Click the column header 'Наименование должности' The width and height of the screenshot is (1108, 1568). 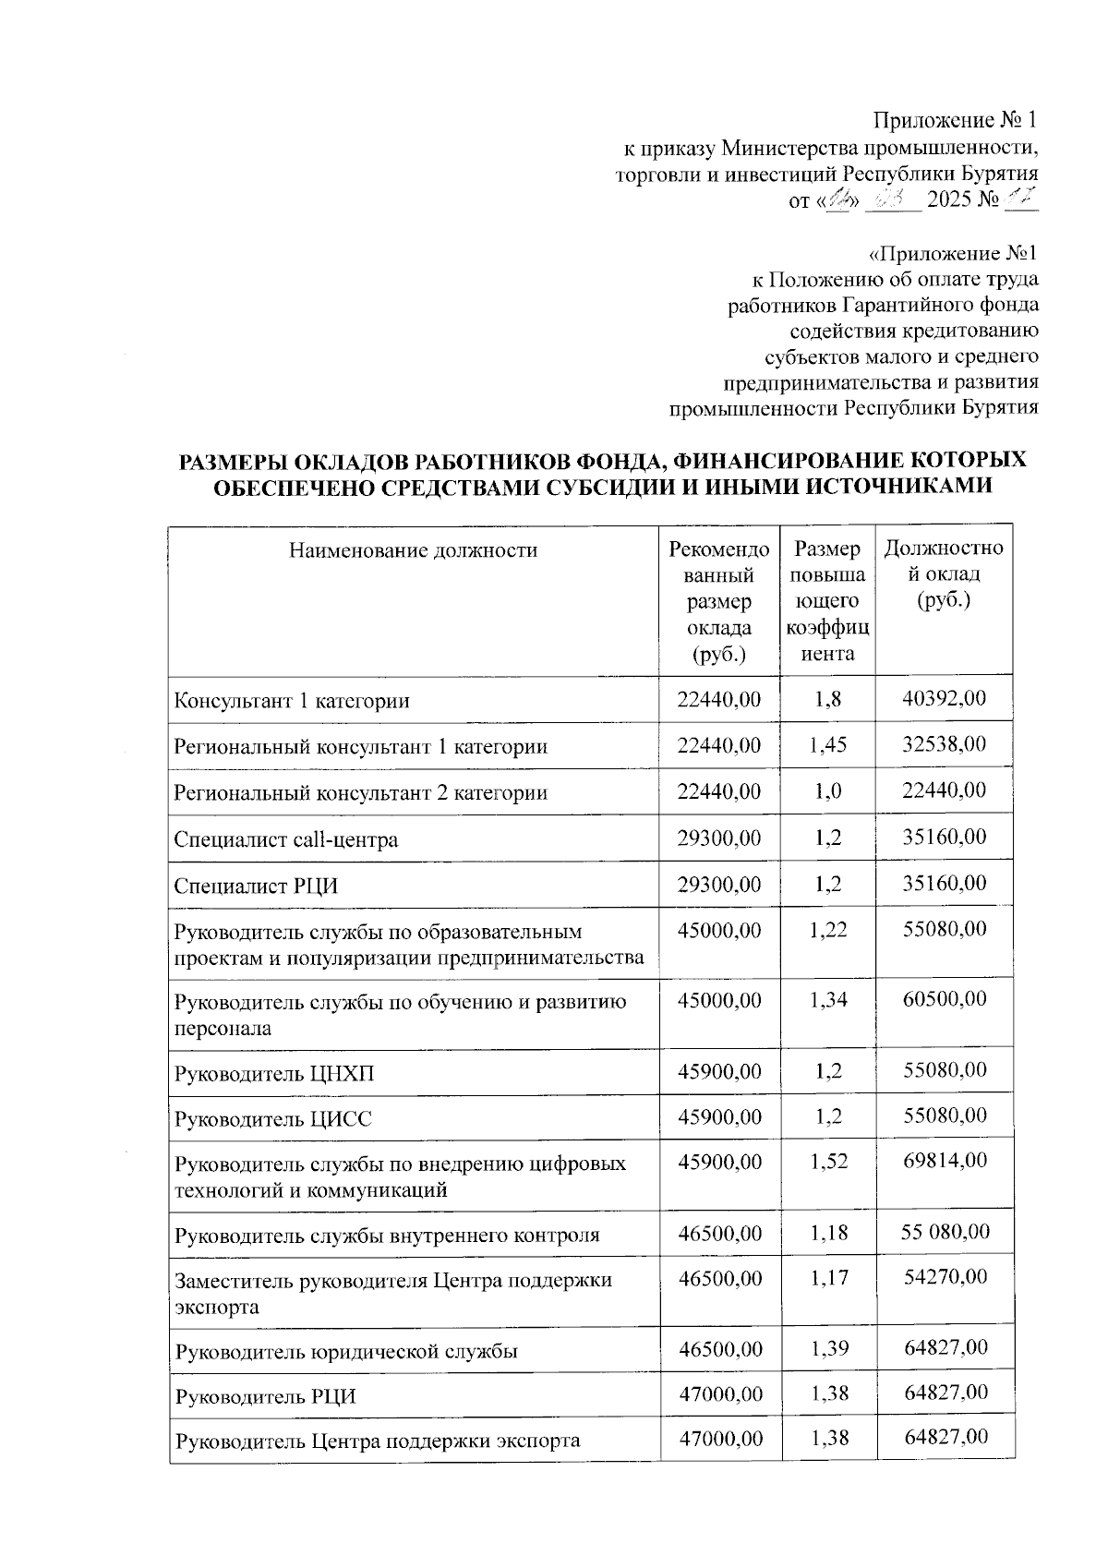413,551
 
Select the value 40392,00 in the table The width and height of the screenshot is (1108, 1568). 944,698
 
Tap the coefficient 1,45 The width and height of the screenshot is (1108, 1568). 827,745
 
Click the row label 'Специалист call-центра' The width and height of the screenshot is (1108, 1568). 286,839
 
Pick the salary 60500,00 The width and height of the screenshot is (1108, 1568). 944,998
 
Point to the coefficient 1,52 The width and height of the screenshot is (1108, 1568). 828,1162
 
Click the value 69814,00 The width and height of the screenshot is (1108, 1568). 945,1161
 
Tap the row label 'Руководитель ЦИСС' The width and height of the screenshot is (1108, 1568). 274,1119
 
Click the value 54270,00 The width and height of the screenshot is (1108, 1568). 945,1277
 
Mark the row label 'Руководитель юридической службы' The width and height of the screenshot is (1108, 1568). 346,1351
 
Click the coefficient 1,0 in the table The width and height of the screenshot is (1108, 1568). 827,791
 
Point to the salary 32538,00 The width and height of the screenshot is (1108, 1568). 944,744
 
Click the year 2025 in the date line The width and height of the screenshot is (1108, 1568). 950,199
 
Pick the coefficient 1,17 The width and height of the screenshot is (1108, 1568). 828,1278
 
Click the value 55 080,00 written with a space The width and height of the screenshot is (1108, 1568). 945,1232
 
